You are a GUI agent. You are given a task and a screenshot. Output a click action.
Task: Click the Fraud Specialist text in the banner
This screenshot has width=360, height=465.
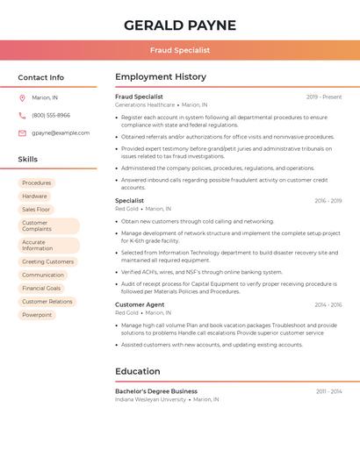click(x=179, y=51)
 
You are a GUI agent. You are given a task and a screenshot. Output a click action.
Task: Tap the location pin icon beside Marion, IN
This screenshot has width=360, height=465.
click(x=22, y=97)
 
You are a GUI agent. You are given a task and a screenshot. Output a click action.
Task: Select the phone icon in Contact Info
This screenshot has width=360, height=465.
click(x=22, y=115)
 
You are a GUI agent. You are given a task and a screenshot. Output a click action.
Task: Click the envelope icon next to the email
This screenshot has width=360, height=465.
click(x=22, y=133)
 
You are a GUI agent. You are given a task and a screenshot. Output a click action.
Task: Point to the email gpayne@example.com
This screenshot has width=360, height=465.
click(x=61, y=133)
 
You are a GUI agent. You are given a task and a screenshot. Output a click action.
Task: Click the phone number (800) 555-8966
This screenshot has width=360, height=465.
click(x=51, y=115)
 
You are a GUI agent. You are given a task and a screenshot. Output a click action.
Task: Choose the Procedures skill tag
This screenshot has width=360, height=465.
click(x=37, y=183)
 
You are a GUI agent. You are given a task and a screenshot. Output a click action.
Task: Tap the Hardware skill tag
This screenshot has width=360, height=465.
click(x=35, y=197)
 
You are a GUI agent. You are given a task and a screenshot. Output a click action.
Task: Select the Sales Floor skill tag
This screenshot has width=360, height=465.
click(x=36, y=210)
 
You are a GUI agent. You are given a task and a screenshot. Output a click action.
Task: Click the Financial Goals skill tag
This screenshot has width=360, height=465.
click(x=41, y=288)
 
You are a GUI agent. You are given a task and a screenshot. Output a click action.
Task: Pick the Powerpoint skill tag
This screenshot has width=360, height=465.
click(x=37, y=315)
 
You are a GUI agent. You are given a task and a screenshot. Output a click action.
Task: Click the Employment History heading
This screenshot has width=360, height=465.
click(x=161, y=77)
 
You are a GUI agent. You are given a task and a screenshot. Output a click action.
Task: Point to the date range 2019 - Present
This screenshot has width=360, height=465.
click(x=324, y=97)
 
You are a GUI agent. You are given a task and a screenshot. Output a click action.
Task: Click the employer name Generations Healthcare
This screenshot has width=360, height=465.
click(x=145, y=104)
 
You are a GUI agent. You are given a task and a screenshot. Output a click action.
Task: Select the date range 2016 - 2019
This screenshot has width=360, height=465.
click(x=328, y=201)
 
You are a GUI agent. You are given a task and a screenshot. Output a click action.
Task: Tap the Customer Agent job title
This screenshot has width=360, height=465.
click(x=140, y=304)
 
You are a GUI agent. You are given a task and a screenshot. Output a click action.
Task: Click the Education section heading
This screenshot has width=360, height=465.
click(x=137, y=371)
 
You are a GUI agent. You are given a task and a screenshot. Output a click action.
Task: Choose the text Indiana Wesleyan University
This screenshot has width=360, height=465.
click(x=150, y=399)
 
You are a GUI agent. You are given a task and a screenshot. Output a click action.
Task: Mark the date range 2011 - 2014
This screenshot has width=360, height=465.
click(x=329, y=391)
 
